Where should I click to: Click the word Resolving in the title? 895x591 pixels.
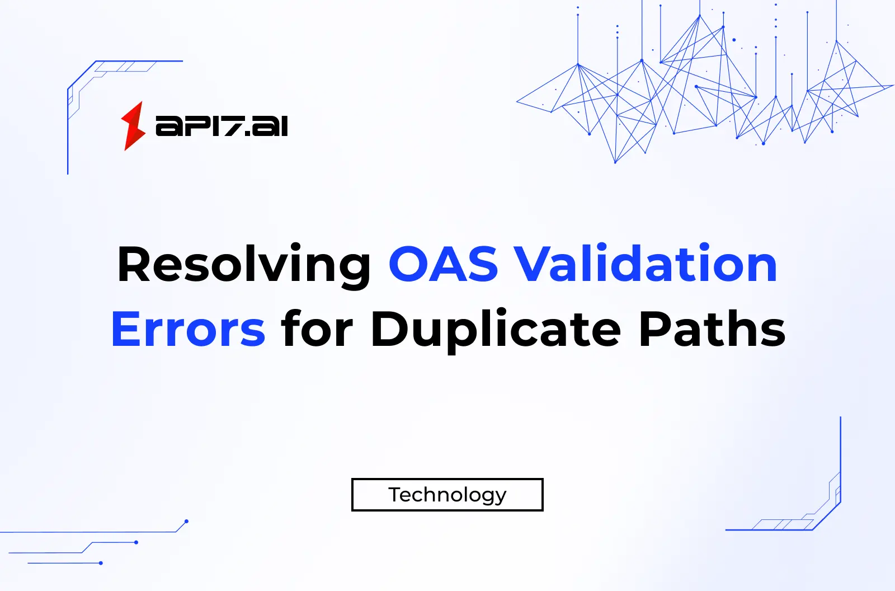click(244, 264)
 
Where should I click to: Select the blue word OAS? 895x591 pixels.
click(443, 264)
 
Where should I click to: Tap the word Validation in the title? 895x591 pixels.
click(646, 264)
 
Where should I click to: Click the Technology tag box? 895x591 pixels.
click(447, 495)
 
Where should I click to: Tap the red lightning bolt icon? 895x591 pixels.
click(133, 126)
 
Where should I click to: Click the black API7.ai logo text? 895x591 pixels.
click(222, 126)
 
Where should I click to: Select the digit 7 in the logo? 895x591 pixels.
click(231, 126)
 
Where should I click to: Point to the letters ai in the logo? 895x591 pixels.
click(270, 126)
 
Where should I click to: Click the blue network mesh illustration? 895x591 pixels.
click(699, 90)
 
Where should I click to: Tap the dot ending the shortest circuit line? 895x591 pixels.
click(101, 563)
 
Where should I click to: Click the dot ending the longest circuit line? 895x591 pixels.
click(186, 522)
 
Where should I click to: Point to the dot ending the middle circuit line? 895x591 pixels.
click(136, 542)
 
